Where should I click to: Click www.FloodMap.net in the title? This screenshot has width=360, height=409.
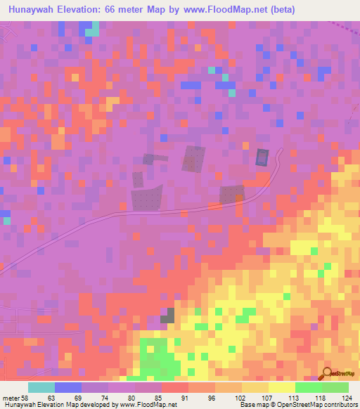click(x=226, y=9)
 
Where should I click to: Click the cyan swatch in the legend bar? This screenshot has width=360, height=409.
click(x=41, y=387)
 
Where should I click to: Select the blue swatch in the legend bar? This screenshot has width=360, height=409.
click(x=67, y=387)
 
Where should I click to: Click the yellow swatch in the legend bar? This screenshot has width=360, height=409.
click(x=255, y=387)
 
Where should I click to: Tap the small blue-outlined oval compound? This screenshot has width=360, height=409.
click(x=262, y=157)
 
